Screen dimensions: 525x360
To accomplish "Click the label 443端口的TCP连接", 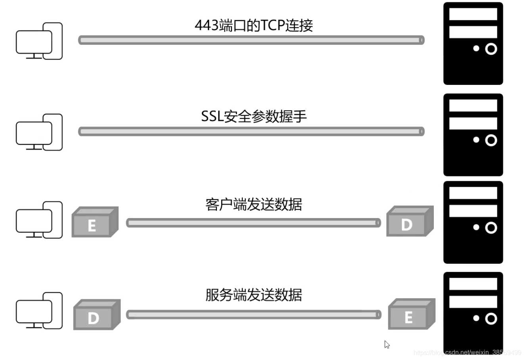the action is [x=254, y=25].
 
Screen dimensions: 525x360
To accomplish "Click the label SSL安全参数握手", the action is [x=254, y=116].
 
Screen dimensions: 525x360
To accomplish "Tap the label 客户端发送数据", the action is [x=254, y=204].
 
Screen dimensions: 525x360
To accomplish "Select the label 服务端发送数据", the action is [x=254, y=295].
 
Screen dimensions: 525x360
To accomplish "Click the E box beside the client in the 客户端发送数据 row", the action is [x=94, y=222].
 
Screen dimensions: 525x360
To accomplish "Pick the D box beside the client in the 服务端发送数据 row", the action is [x=96, y=315].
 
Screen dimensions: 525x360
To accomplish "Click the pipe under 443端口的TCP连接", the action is [x=251, y=40].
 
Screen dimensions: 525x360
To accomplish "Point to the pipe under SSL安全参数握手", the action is [x=251, y=131].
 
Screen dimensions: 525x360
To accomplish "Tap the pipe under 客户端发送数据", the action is [x=253, y=223].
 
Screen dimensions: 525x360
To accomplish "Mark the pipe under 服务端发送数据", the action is [x=253, y=314].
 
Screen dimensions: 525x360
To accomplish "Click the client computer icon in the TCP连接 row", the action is [x=39, y=41].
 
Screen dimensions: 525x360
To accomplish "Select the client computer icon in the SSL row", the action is [x=39, y=132].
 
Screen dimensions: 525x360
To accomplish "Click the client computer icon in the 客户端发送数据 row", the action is [x=39, y=220].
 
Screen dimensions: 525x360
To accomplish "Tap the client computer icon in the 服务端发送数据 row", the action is [x=39, y=311].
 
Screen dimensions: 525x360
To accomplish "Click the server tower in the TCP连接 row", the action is [x=473, y=43].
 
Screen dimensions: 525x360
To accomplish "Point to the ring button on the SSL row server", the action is [x=491, y=140].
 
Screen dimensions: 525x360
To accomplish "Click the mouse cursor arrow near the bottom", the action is [x=387, y=345].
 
